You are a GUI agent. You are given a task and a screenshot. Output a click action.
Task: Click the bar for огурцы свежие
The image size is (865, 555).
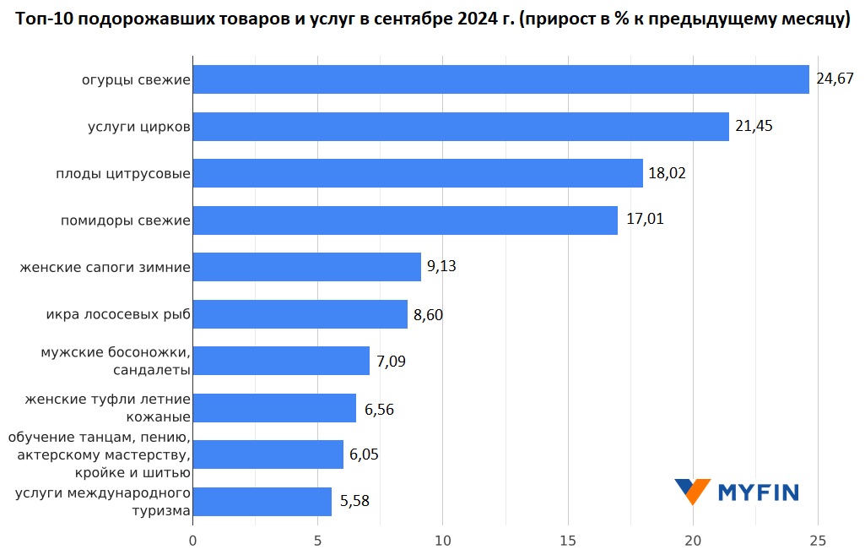click(x=500, y=79)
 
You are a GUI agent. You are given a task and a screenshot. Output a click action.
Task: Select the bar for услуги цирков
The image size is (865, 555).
click(x=461, y=127)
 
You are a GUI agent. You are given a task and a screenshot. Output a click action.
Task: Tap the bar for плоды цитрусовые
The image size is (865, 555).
click(x=418, y=174)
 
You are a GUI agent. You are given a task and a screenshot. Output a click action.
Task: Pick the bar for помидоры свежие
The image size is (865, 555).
click(x=405, y=220)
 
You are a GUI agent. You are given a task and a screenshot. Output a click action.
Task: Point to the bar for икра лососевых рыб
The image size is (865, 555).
click(x=300, y=314)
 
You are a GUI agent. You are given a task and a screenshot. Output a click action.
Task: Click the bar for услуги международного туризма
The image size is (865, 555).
click(x=262, y=501)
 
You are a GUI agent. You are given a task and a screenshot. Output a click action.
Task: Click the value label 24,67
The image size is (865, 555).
click(x=835, y=79)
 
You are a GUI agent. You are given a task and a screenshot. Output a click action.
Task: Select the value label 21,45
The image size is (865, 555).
click(x=754, y=127)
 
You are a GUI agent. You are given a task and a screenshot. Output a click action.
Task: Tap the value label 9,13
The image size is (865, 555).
click(x=441, y=267)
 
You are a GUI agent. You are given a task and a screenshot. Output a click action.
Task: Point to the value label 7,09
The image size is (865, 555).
click(x=391, y=362)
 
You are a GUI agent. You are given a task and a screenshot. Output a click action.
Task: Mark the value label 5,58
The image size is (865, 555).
click(x=354, y=501)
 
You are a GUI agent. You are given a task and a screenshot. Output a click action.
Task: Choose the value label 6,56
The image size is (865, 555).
click(x=379, y=410)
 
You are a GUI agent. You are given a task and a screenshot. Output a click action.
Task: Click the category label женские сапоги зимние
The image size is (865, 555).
click(x=105, y=268)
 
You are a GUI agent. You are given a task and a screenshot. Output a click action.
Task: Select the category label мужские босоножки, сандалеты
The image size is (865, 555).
click(x=115, y=361)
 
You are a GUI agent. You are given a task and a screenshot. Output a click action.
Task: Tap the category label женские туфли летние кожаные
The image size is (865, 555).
click(x=107, y=407)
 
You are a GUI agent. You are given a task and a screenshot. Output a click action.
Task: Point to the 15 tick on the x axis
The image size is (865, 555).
click(x=568, y=540)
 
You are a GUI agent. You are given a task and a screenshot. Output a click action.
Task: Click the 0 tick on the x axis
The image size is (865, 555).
click(x=192, y=540)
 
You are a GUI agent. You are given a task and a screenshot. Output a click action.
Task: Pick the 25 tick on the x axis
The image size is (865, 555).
click(x=817, y=540)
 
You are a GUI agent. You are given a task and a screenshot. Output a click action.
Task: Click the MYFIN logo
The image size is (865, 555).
click(x=736, y=491)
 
